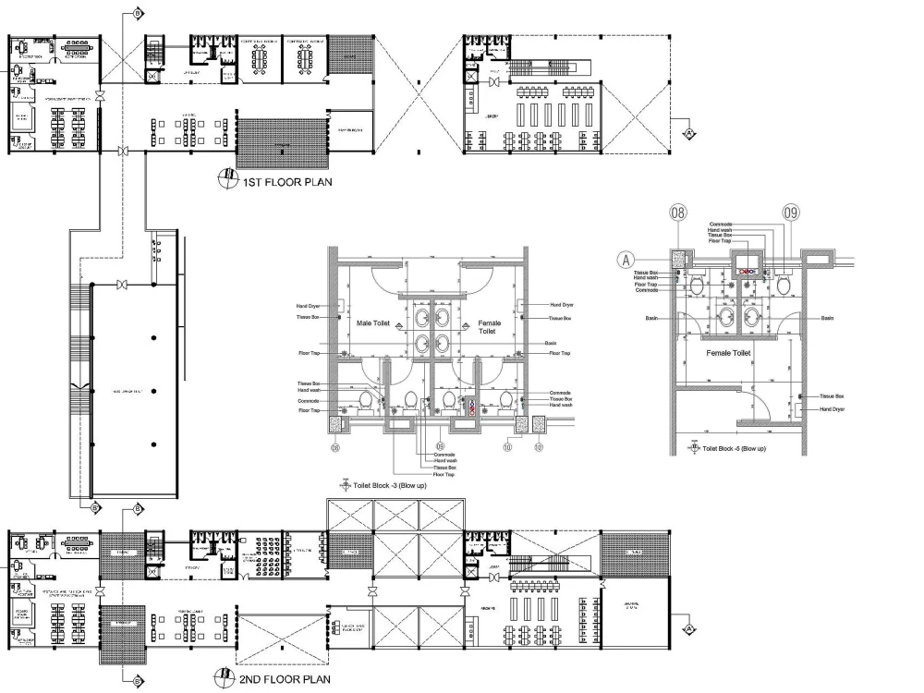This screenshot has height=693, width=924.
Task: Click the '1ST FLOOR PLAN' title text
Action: coord(287,182)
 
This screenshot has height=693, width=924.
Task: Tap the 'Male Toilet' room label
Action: coord(374,323)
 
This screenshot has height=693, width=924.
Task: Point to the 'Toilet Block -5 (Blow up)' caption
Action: coord(734,448)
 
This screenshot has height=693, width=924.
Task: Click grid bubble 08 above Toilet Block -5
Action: coord(679,213)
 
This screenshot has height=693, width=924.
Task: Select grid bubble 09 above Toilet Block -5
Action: coord(790,213)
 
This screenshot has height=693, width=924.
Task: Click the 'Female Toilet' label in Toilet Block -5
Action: coord(727,353)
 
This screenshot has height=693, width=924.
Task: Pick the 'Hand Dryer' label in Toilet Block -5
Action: coord(832,408)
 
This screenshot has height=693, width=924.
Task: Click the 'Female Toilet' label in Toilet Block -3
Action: coord(489,327)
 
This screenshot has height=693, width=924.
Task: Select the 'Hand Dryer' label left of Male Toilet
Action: coord(308,305)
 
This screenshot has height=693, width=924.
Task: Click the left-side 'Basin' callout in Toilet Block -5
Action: coord(651,318)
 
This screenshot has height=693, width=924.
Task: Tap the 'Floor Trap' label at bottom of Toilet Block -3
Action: coord(444,475)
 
